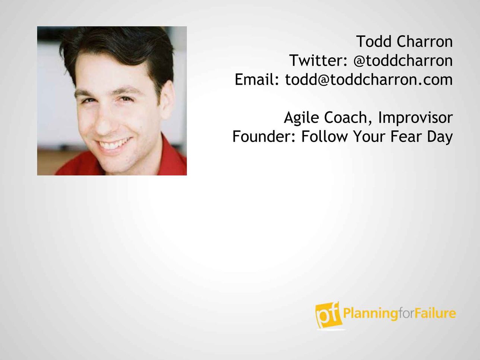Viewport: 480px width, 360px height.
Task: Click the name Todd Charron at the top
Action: pyautogui.click(x=404, y=41)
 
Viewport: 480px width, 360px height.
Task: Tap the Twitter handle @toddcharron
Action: pyautogui.click(x=403, y=60)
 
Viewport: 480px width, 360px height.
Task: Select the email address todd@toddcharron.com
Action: pyautogui.click(x=369, y=79)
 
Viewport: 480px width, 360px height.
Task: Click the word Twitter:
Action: pyautogui.click(x=319, y=60)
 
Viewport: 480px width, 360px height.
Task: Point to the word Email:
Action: pyautogui.click(x=257, y=79)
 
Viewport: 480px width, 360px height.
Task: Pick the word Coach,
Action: pyautogui.click(x=348, y=118)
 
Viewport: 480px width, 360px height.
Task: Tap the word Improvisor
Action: pyautogui.click(x=415, y=118)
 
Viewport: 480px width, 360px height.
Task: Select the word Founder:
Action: pyautogui.click(x=264, y=137)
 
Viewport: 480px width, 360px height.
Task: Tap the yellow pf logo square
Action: pyautogui.click(x=328, y=315)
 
